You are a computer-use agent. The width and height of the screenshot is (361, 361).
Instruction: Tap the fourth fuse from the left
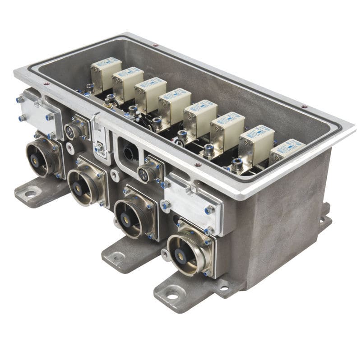pyautogui.click(x=174, y=103)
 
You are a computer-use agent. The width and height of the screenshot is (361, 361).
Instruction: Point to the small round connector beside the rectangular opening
pyautogui.click(x=147, y=172)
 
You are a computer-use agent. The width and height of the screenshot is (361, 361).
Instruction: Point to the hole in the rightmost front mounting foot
pyautogui.click(x=172, y=296)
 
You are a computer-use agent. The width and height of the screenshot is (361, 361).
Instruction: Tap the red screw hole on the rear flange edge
pyautogui.click(x=155, y=45)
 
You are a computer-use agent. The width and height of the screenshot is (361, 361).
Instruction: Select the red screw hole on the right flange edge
pyautogui.click(x=303, y=106)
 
